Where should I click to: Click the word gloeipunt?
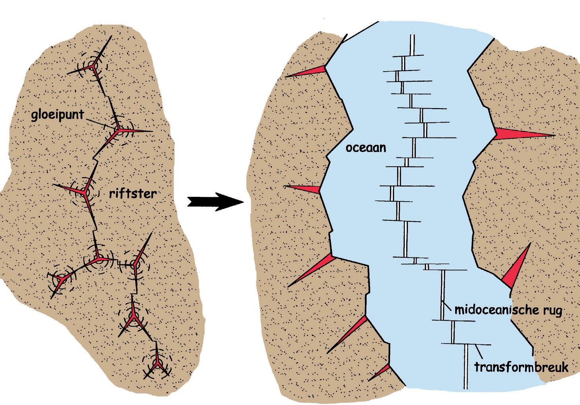58,115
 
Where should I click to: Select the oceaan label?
366,148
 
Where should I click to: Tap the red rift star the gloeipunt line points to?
118,131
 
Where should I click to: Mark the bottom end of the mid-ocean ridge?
465,388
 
